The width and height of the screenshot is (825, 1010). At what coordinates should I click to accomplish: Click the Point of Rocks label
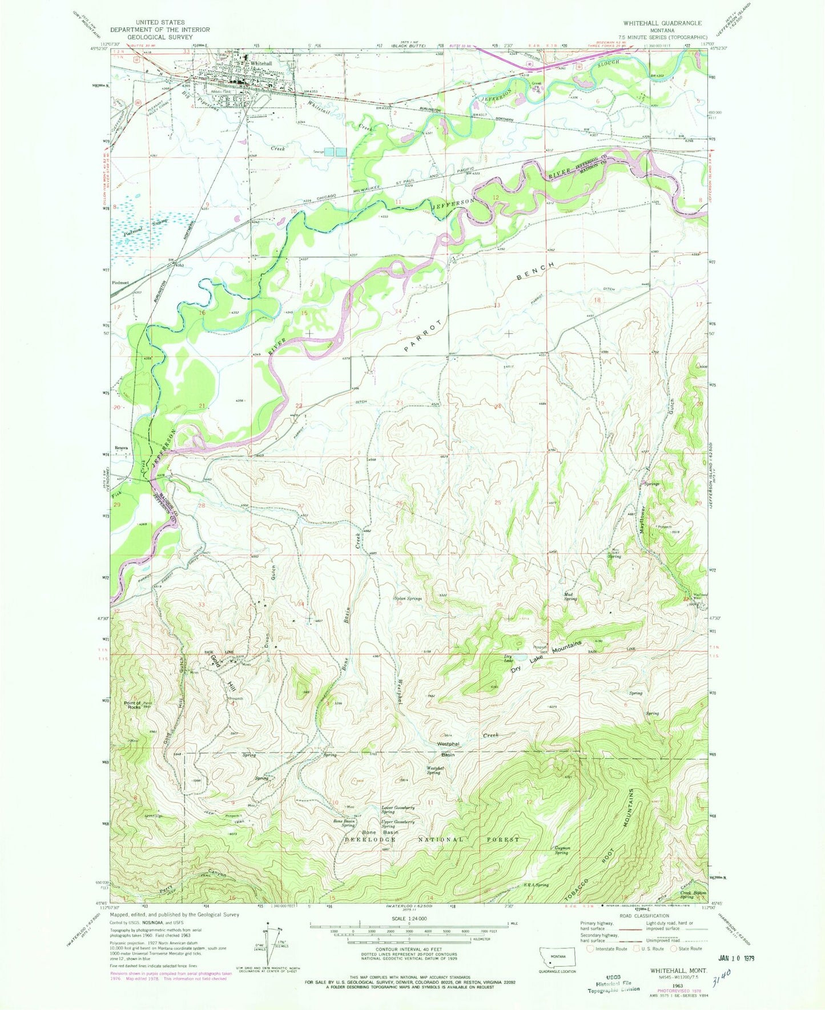point(134,705)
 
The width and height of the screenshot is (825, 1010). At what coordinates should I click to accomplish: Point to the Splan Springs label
point(408,599)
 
